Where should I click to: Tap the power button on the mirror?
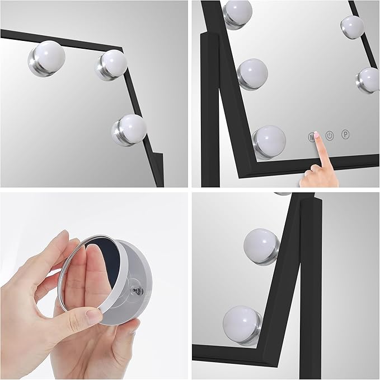click(330, 136)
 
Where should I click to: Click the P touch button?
click(346, 135)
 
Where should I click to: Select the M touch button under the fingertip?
click(311, 136)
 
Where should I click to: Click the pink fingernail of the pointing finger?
click(316, 135)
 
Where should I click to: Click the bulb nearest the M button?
click(270, 139)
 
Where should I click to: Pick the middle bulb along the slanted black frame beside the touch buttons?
click(252, 73)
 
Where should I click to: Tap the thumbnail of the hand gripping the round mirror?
click(92, 317)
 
